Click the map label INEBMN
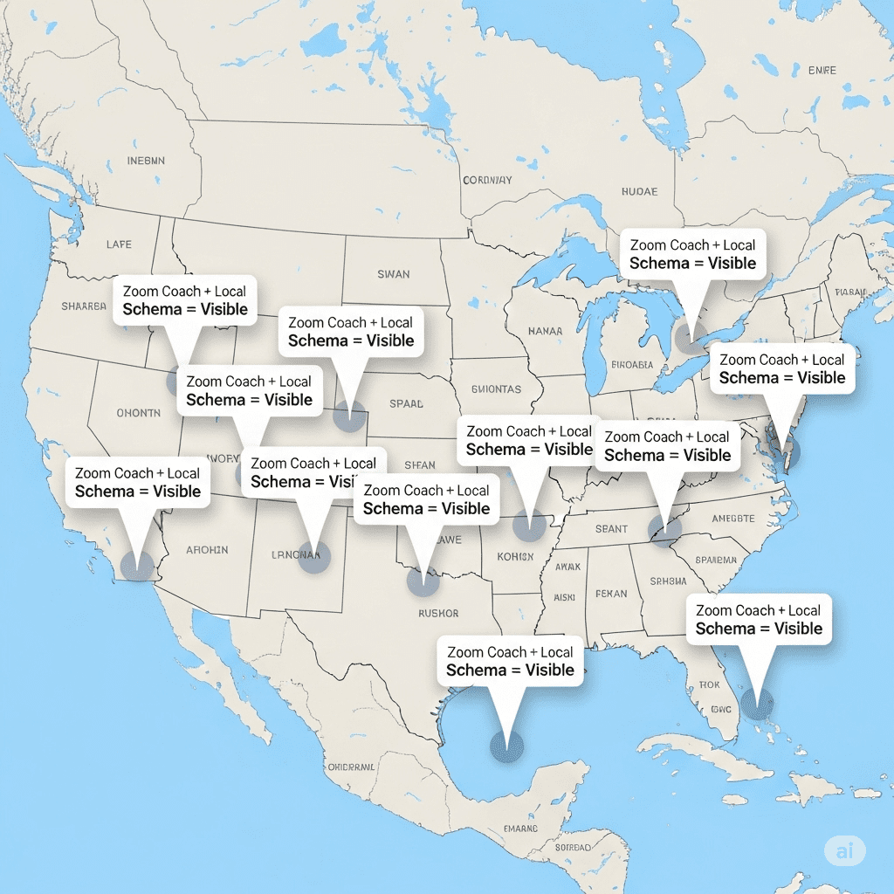pyautogui.click(x=145, y=161)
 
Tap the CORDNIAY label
pyautogui.click(x=487, y=181)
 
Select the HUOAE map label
pyautogui.click(x=639, y=191)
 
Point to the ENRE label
pyautogui.click(x=822, y=70)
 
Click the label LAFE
pyautogui.click(x=119, y=244)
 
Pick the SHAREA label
pyautogui.click(x=83, y=306)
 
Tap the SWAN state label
pyautogui.click(x=393, y=274)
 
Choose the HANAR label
pyautogui.click(x=545, y=332)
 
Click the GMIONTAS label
pyautogui.click(x=495, y=389)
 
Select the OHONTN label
pyautogui.click(x=138, y=413)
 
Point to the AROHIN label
pyautogui.click(x=207, y=550)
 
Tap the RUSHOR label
pyautogui.click(x=438, y=613)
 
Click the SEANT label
pyautogui.click(x=611, y=528)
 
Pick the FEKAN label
pyautogui.click(x=611, y=594)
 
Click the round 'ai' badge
pyautogui.click(x=844, y=849)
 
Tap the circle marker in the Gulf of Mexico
pyautogui.click(x=506, y=747)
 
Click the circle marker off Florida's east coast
pyautogui.click(x=756, y=701)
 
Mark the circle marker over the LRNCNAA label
pyautogui.click(x=314, y=556)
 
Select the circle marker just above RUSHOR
pyautogui.click(x=423, y=581)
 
